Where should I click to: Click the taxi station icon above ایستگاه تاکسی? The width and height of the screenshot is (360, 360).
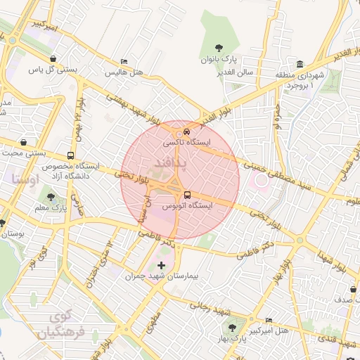(x=186, y=131)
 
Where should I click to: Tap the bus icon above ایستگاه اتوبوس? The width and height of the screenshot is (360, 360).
(x=186, y=195)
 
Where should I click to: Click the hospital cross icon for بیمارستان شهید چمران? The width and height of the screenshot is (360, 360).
(x=162, y=265)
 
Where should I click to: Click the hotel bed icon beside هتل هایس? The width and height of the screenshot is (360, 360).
(x=124, y=61)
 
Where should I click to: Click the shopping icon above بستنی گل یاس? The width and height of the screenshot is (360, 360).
(x=54, y=58)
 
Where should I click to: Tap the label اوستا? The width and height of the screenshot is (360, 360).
(x=25, y=179)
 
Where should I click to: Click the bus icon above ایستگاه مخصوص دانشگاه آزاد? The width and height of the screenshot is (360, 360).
(x=70, y=155)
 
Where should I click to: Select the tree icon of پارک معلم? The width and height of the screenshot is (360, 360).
(x=50, y=196)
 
